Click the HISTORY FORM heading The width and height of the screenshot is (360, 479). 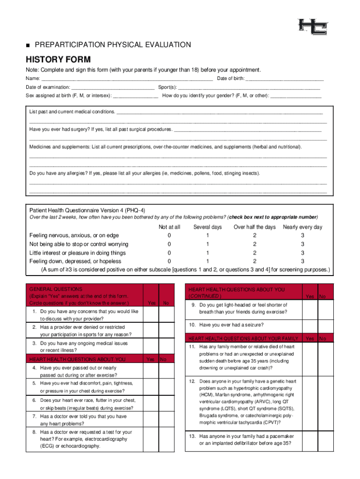58,59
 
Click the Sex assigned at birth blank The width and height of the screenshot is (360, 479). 136,96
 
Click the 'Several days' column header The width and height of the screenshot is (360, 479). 208,227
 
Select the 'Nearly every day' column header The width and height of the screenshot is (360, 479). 302,227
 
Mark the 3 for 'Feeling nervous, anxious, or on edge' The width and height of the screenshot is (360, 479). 302,235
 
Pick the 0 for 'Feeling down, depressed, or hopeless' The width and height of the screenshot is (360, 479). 169,261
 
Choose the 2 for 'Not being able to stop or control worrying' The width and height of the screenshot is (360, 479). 255,244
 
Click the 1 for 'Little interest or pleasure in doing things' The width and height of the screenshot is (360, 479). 208,253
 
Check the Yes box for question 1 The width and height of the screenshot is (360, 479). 151,315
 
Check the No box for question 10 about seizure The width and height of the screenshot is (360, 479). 326,325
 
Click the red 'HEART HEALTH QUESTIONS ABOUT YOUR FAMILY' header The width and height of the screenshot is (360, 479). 243,338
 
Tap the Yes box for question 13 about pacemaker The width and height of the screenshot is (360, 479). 310,440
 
